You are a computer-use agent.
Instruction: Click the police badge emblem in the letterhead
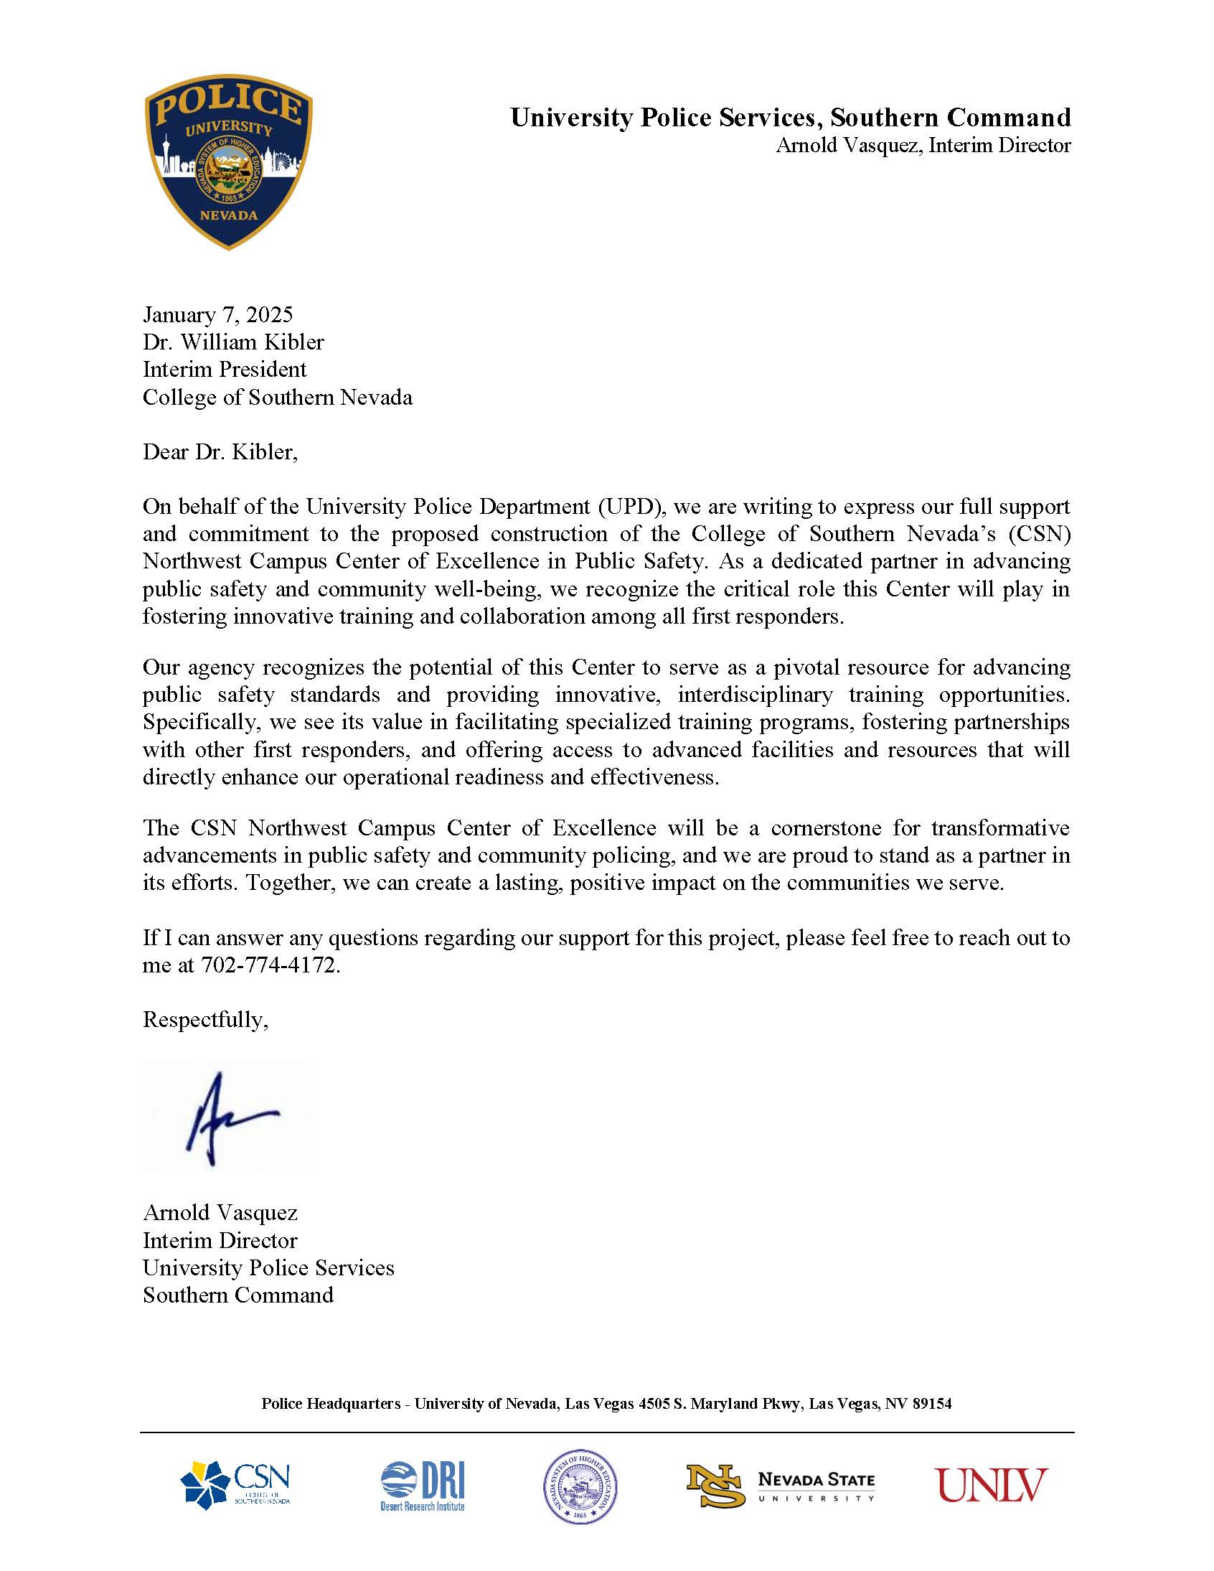pyautogui.click(x=228, y=162)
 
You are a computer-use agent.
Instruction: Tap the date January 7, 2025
pyautogui.click(x=218, y=314)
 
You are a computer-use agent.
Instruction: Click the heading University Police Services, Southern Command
pyautogui.click(x=791, y=117)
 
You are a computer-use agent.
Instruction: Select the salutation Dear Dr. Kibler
pyautogui.click(x=220, y=451)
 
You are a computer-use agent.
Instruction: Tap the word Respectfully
pyautogui.click(x=206, y=1019)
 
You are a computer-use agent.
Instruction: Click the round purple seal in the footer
pyautogui.click(x=580, y=1486)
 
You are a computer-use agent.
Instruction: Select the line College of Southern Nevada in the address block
pyautogui.click(x=278, y=397)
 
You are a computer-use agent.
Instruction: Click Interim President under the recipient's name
pyautogui.click(x=225, y=369)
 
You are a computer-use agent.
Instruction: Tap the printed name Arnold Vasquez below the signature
pyautogui.click(x=220, y=1213)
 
